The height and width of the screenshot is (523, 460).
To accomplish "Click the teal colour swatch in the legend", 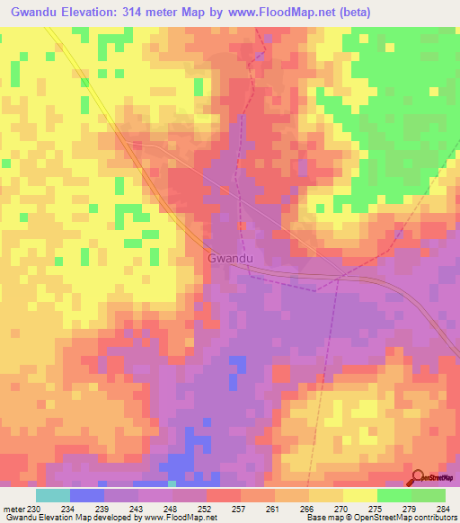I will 53,495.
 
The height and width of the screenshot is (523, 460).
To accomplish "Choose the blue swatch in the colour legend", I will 87,495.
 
